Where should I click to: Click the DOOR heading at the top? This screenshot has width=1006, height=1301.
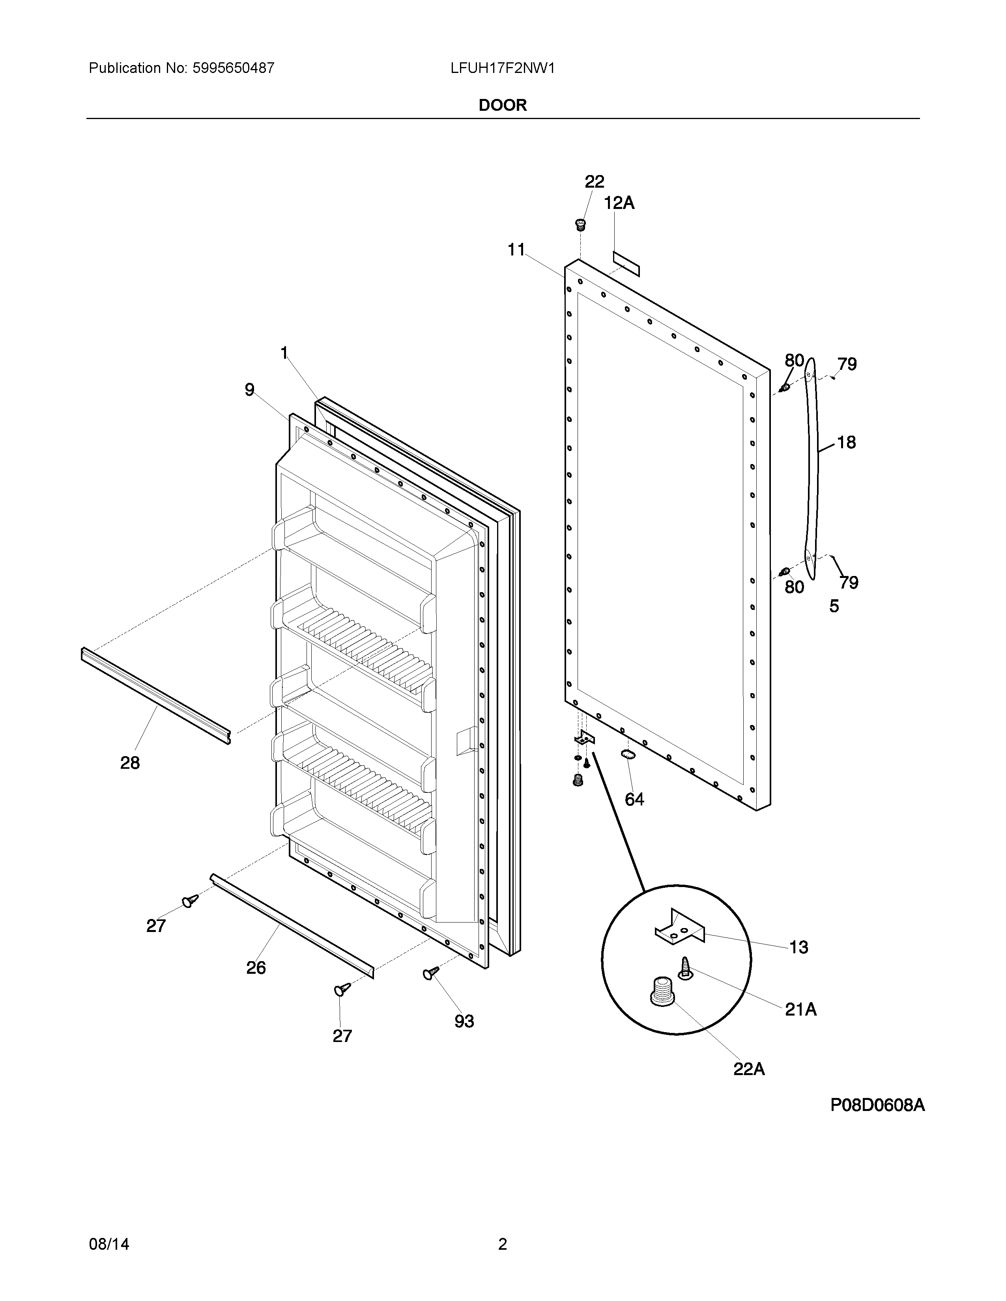(502, 105)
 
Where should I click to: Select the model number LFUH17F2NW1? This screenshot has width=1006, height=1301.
(502, 69)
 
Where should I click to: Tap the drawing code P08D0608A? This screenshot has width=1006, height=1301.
(877, 1105)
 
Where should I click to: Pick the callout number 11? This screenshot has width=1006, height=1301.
(516, 250)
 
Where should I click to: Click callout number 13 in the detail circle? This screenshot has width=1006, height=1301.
(798, 947)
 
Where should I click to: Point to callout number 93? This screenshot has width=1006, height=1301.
(464, 1021)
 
